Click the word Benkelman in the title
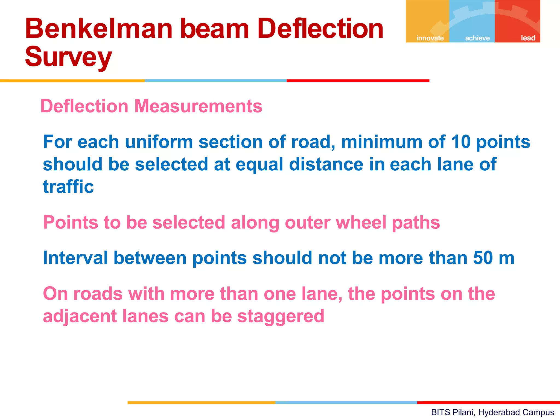(x=99, y=28)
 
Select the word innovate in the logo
(x=430, y=38)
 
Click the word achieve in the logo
(x=477, y=38)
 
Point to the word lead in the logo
(x=528, y=38)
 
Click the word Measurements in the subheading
(x=198, y=106)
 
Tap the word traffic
(x=68, y=187)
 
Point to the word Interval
(x=75, y=258)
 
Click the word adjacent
(x=79, y=316)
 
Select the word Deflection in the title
(x=320, y=28)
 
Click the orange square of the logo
(x=427, y=19)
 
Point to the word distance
(x=326, y=164)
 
